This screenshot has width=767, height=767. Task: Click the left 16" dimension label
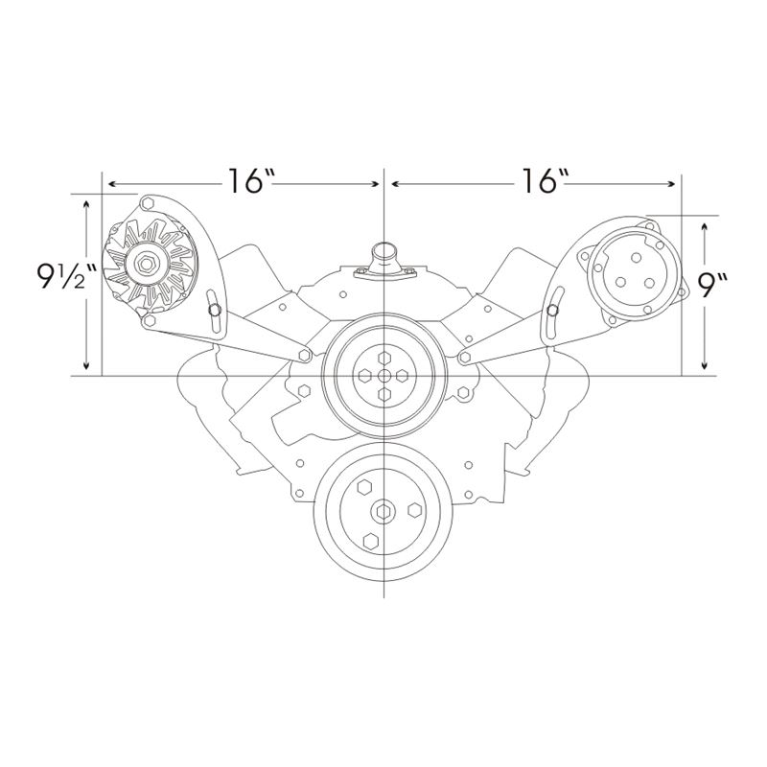251,181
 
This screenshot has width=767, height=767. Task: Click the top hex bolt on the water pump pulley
383,357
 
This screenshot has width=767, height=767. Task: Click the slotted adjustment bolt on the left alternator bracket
216,311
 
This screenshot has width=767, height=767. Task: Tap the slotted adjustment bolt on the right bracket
552,311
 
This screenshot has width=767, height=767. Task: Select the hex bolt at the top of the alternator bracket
148,203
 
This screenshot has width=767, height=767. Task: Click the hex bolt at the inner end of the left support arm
305,356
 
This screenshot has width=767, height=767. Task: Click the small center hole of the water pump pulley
383,375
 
